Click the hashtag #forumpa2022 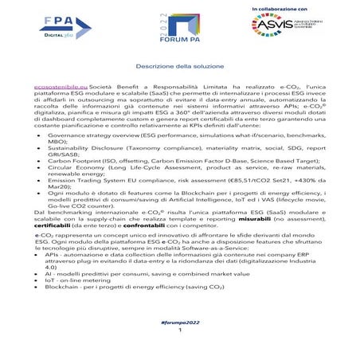[x=180, y=320]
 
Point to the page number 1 [x=180, y=329]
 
